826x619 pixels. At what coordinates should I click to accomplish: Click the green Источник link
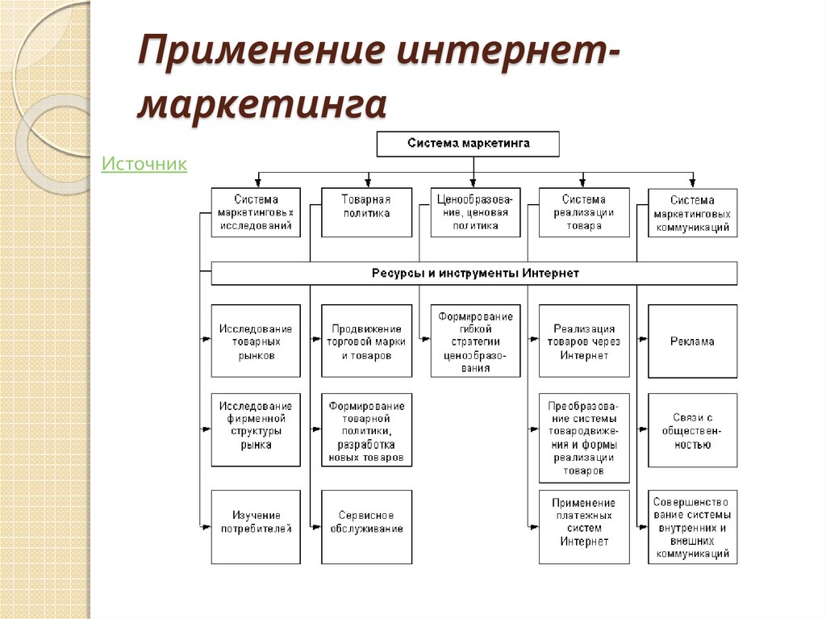(144, 164)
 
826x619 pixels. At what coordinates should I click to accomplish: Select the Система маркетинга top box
(468, 144)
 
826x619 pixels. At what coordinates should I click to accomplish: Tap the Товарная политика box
(367, 212)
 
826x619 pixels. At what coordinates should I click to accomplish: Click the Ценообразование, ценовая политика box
(475, 212)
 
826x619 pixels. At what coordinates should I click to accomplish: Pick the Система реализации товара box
(584, 212)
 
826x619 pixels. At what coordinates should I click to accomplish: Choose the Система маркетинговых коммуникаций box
(693, 213)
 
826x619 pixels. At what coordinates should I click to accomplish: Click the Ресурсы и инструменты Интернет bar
(474, 273)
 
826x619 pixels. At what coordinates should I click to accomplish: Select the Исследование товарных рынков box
(256, 341)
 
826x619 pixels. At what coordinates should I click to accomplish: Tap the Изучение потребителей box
(256, 527)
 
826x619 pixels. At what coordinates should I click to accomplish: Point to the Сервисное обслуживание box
(367, 527)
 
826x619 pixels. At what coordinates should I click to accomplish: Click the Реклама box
(693, 341)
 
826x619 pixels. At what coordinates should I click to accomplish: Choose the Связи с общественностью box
(693, 430)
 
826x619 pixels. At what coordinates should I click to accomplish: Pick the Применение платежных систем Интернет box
(584, 527)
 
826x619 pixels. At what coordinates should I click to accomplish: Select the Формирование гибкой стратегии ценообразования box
(475, 341)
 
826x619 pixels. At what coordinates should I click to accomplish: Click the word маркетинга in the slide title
(262, 104)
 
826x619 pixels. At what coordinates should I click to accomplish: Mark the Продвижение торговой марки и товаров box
(367, 341)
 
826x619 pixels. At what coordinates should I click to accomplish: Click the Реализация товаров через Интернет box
(584, 341)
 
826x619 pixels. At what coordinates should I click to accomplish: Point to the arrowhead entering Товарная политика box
(368, 183)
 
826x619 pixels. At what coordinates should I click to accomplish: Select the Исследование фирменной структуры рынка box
(256, 429)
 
